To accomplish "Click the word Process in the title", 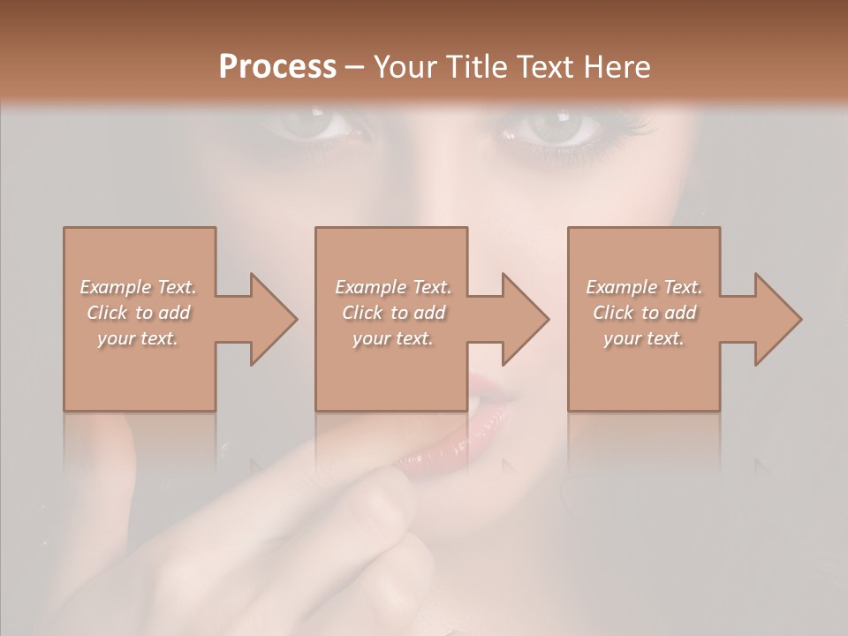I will (277, 66).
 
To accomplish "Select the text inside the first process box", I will (138, 313).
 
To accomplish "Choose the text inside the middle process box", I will (392, 313).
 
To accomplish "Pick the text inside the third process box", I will (644, 313).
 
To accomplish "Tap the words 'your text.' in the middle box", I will (392, 338).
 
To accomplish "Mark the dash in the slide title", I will (355, 67).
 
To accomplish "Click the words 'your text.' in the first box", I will (138, 338).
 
